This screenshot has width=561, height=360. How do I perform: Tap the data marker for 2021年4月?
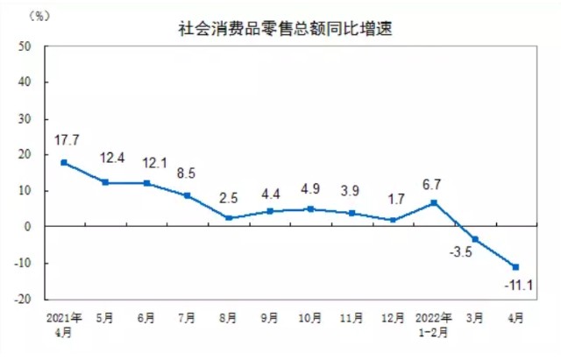click(x=64, y=162)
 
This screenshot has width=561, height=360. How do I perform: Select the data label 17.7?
click(x=67, y=140)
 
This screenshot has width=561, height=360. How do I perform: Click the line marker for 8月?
click(x=228, y=217)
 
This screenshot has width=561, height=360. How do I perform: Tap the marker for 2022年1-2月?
click(x=434, y=202)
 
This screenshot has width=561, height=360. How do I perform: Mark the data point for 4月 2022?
click(x=516, y=266)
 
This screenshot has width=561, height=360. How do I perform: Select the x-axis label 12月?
click(x=394, y=316)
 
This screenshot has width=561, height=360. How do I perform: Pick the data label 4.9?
click(x=311, y=188)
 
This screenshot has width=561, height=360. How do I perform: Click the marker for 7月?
click(x=187, y=195)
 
